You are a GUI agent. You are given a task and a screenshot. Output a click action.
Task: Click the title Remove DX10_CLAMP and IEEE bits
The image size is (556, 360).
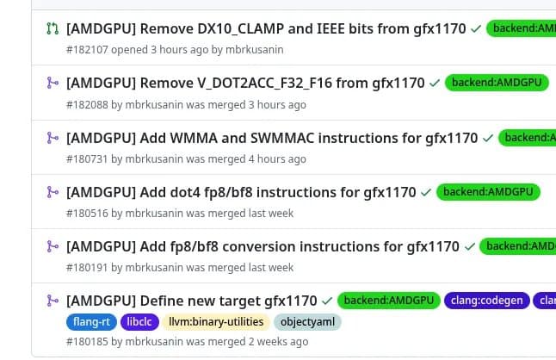pos(267,29)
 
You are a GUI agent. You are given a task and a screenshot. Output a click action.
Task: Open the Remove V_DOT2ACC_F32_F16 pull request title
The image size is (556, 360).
pos(245,84)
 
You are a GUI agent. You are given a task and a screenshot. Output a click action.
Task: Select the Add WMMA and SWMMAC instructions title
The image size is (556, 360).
pos(272,138)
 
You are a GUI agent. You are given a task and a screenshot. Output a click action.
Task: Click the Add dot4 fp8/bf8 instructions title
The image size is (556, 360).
pos(241,192)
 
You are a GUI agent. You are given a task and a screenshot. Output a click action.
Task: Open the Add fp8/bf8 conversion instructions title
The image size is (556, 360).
pos(263,246)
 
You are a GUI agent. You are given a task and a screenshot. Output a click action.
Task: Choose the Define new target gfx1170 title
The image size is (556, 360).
pos(191,301)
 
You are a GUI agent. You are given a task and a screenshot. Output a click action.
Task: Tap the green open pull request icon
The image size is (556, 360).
pos(53,29)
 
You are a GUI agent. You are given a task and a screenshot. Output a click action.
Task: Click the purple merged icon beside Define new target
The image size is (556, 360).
pos(53,301)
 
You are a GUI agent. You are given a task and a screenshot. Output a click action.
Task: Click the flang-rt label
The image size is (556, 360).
pos(91,323)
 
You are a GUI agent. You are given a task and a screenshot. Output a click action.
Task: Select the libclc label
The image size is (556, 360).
pos(140,323)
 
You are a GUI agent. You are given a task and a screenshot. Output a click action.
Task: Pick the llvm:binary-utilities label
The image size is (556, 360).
pos(215,323)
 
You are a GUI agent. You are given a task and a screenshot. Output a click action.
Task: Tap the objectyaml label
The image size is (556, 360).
pos(307,323)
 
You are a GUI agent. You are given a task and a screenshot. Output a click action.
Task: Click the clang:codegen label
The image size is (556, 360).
pos(487,301)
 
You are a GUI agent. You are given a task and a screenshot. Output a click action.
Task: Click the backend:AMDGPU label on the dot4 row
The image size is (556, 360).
pos(488,192)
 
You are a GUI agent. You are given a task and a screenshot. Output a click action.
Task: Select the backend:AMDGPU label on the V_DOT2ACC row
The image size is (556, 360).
pos(497,84)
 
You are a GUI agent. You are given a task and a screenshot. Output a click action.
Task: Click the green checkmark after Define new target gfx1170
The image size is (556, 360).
pos(326,301)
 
